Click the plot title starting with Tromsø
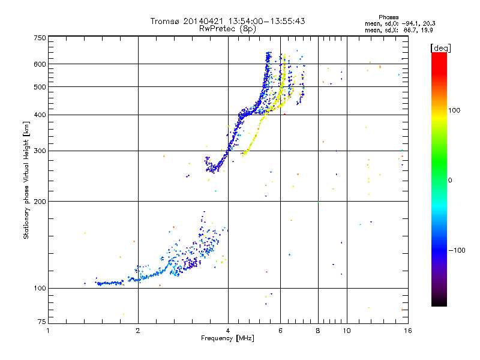tap(227, 21)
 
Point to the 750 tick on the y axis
tap(40, 38)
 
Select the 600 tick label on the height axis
tap(40, 64)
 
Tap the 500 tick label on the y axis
tap(40, 86)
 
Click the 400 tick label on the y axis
tap(40, 115)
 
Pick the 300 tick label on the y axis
tap(40, 151)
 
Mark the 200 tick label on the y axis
tap(40, 201)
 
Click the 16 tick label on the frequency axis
tap(407, 331)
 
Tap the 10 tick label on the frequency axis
tap(346, 331)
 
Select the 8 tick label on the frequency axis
tap(318, 331)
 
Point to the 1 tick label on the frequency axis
tap(48, 331)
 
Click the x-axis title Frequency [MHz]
tap(227, 338)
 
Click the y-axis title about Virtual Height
tap(26, 181)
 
